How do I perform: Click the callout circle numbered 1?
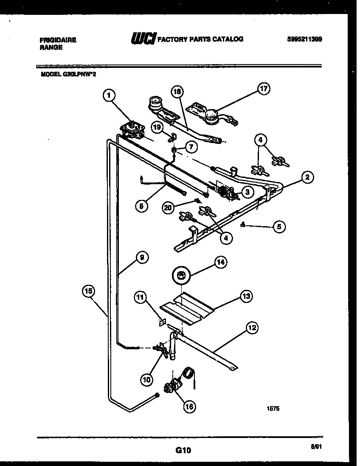[x=109, y=96]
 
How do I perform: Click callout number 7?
[x=191, y=147]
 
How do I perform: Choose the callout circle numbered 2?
[x=307, y=177]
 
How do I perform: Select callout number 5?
[x=278, y=227]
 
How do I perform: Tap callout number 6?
[x=142, y=206]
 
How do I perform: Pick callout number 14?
[x=221, y=263]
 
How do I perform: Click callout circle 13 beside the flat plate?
[x=246, y=296]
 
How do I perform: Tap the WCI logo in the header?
[x=144, y=39]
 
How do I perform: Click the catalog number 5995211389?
[x=304, y=39]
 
